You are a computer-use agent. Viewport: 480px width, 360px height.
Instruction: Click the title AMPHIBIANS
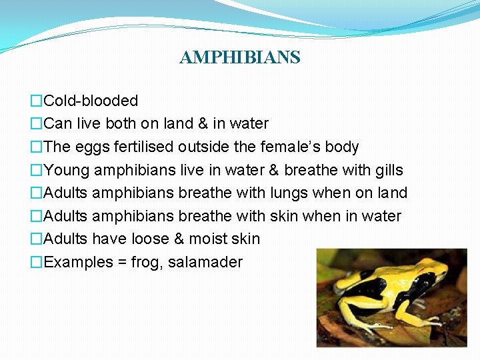(240, 57)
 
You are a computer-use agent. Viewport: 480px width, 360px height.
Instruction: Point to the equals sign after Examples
(122, 262)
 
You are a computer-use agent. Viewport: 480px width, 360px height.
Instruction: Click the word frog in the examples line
(145, 263)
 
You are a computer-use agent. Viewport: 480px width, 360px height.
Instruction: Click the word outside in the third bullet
(202, 147)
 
